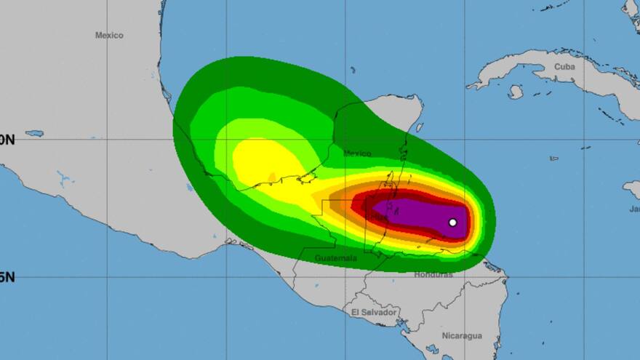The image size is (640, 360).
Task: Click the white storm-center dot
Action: (x=452, y=223)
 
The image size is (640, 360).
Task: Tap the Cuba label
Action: (x=564, y=66)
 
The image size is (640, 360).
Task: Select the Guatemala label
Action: (x=335, y=258)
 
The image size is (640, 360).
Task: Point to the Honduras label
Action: (x=433, y=275)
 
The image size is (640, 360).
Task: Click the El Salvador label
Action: (x=374, y=312)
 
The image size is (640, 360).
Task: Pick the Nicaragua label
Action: (x=462, y=336)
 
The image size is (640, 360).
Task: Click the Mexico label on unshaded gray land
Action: (x=109, y=35)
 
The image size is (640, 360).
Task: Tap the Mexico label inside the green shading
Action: (x=357, y=153)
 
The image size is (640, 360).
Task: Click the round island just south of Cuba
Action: (x=516, y=92)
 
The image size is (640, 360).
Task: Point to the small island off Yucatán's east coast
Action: (x=419, y=128)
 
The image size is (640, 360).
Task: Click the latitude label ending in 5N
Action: (x=7, y=277)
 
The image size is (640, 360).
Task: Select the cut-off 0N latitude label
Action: (x=7, y=140)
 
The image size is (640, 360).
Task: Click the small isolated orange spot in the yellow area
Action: (x=272, y=177)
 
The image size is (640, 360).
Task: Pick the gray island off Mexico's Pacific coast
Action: (x=34, y=134)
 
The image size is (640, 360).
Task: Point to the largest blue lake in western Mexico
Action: (x=65, y=176)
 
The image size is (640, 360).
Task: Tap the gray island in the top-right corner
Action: (x=631, y=9)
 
